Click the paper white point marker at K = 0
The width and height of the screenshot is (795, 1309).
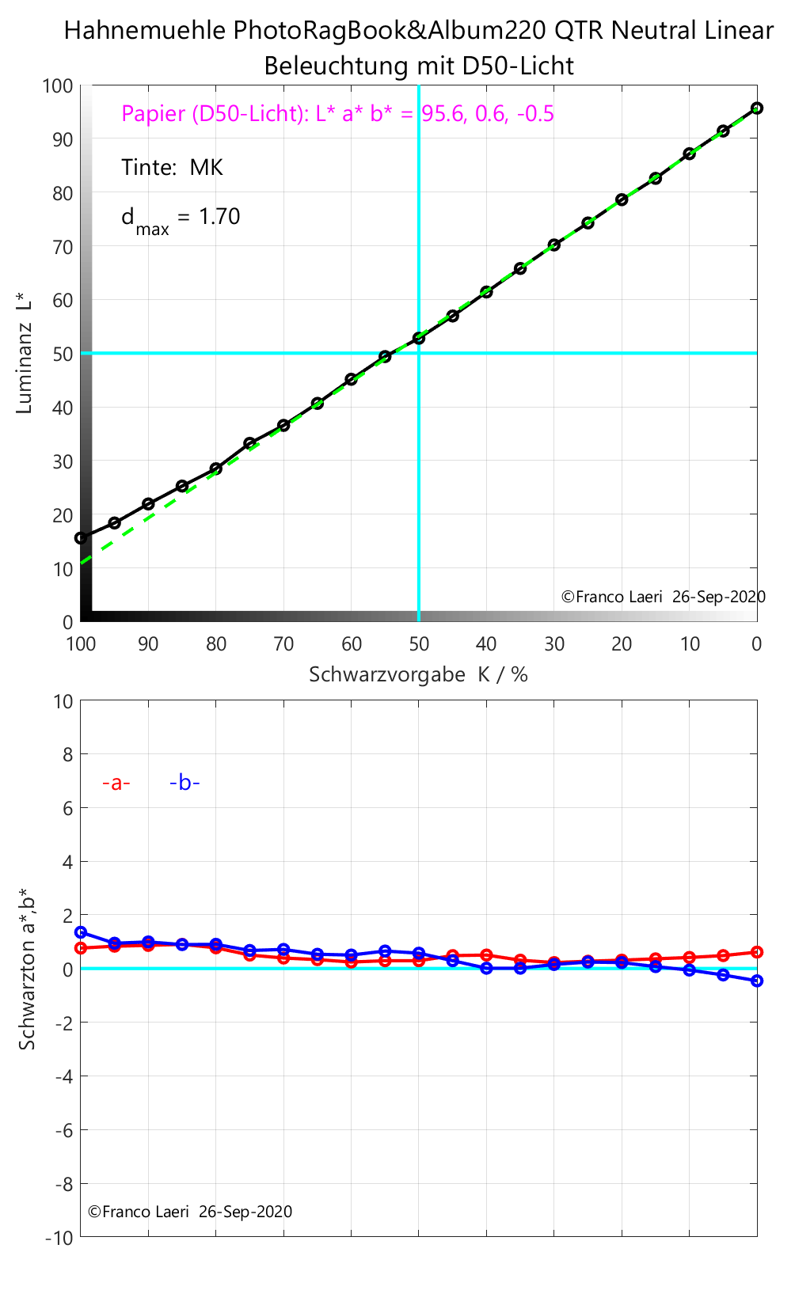click(757, 108)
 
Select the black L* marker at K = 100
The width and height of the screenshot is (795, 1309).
click(81, 538)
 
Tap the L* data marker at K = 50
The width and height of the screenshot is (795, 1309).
click(419, 338)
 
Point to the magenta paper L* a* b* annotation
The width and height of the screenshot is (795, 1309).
click(337, 114)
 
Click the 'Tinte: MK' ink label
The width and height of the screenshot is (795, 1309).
click(172, 168)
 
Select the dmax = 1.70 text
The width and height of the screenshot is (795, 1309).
click(181, 218)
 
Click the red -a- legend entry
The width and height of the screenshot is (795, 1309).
click(116, 783)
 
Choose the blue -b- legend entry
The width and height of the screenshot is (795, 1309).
click(184, 783)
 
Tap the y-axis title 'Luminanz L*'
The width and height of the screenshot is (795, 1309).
click(25, 353)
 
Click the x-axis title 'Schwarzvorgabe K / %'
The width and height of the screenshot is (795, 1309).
click(418, 675)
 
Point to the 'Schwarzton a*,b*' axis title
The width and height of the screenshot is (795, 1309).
click(27, 969)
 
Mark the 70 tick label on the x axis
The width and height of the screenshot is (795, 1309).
click(283, 644)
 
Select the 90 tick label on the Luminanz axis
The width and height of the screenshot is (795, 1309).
click(63, 139)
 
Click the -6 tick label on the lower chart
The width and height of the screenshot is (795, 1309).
click(63, 1130)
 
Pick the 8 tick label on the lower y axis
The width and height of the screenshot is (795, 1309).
click(67, 755)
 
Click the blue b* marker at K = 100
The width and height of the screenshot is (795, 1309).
click(81, 933)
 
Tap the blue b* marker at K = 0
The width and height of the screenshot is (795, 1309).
click(757, 981)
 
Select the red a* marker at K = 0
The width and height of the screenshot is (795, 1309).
click(757, 952)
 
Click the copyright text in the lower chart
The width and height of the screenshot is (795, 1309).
click(190, 1212)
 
